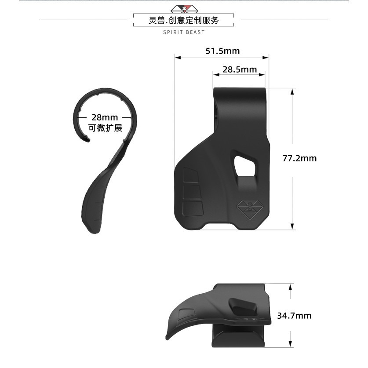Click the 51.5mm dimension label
click(x=222, y=51)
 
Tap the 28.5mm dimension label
click(x=239, y=69)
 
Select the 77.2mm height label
click(x=299, y=158)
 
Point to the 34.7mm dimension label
click(x=294, y=315)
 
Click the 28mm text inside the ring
click(x=105, y=117)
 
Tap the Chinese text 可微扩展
click(x=105, y=128)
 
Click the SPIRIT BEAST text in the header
click(x=184, y=32)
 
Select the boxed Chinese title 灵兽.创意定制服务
click(x=184, y=20)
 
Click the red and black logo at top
click(x=184, y=8)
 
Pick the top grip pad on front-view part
click(x=191, y=175)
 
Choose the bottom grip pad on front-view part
click(x=193, y=208)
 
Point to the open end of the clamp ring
click(x=87, y=140)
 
